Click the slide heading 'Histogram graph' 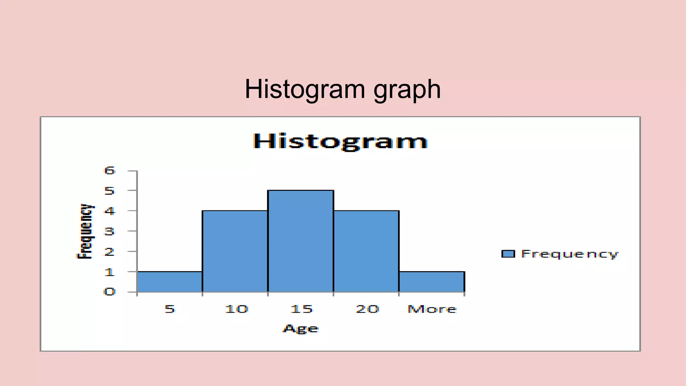(x=343, y=89)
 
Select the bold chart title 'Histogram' (x=340, y=141)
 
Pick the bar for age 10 (x=235, y=251)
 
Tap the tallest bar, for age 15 (x=300, y=241)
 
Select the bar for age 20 (x=366, y=251)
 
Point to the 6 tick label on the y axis (x=110, y=171)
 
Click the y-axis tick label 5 (x=110, y=191)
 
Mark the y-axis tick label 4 (x=110, y=211)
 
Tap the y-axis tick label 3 (x=110, y=231)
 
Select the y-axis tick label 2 (x=110, y=252)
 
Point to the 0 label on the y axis (x=110, y=292)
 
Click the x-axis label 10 (x=236, y=309)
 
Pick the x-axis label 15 (x=301, y=309)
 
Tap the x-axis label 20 (x=367, y=309)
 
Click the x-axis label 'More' (x=432, y=309)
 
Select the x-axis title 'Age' (x=301, y=329)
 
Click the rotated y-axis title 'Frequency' (x=85, y=231)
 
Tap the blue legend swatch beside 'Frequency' (x=508, y=254)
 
